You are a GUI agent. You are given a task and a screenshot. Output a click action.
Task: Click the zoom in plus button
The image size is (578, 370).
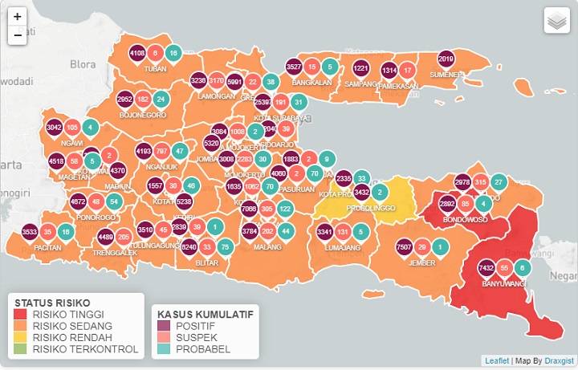click(x=18, y=16)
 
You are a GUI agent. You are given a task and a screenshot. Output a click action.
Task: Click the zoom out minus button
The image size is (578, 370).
click(x=18, y=35)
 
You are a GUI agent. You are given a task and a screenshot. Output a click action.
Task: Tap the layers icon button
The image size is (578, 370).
click(x=556, y=21)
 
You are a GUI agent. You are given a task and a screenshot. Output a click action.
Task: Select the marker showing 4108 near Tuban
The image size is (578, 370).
click(x=137, y=54)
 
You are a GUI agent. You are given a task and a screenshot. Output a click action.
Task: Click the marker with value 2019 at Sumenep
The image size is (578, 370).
click(x=447, y=59)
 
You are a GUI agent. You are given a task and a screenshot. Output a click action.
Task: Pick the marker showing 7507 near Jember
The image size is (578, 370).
click(x=405, y=247)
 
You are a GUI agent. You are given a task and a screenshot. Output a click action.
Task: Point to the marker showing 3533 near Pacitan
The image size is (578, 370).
click(x=30, y=232)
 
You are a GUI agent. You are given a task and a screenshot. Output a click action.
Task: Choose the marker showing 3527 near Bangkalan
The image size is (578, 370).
click(x=294, y=67)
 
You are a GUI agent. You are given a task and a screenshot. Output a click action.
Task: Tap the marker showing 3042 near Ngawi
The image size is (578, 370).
click(x=54, y=128)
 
